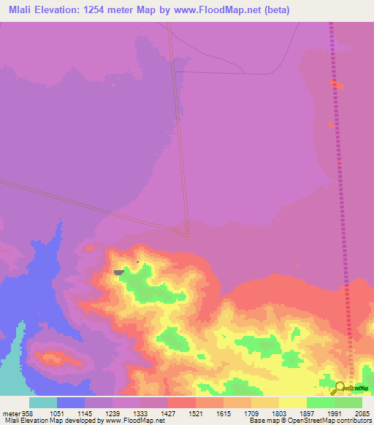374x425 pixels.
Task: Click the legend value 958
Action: coord(26,413)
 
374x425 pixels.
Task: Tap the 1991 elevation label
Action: coord(335,413)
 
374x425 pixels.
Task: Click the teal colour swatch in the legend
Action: coord(43,402)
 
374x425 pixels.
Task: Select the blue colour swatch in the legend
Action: coord(71,402)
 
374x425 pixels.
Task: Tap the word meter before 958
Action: coord(10,413)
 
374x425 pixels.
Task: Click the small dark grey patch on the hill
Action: coord(118,272)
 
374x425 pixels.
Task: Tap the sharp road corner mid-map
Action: coord(188,235)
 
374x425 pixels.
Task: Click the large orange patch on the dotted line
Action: coord(336,85)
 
